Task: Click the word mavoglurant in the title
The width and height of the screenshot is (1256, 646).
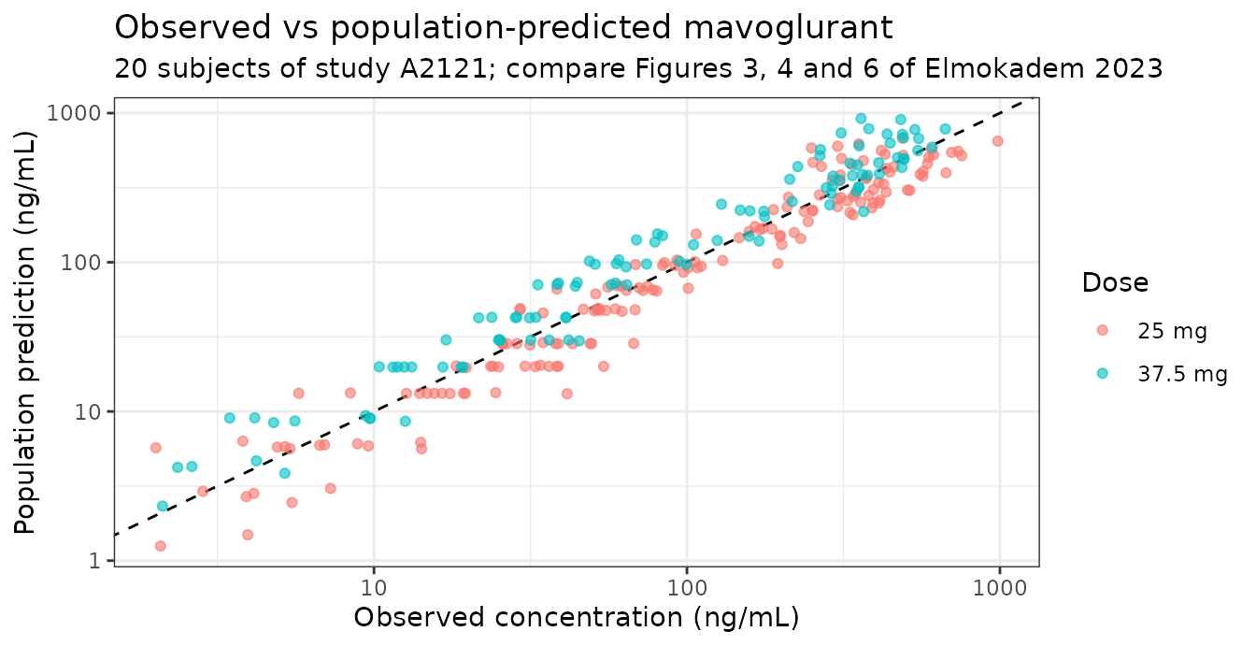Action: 788,28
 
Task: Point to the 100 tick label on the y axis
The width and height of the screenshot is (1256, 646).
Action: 79,263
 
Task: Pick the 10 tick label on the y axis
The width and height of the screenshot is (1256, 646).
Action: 86,412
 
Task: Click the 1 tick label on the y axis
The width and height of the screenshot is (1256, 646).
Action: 93,561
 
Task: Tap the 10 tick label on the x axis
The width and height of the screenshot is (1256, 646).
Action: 374,588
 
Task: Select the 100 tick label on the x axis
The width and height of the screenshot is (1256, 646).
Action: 687,588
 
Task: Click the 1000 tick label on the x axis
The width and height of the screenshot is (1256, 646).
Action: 1000,588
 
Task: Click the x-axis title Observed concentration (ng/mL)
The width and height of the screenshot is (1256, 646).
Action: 577,617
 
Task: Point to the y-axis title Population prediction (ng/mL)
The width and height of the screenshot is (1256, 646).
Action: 24,332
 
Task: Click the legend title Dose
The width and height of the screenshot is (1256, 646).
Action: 1115,282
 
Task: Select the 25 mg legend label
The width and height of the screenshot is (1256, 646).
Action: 1172,331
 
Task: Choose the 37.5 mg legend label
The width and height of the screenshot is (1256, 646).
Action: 1182,374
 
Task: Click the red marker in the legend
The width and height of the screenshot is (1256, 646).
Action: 1103,330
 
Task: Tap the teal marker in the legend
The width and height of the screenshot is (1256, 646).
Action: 1103,373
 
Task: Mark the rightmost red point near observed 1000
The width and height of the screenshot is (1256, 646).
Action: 997,141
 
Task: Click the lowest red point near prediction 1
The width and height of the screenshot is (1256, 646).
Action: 161,546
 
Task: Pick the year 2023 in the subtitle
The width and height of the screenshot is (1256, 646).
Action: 1128,69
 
